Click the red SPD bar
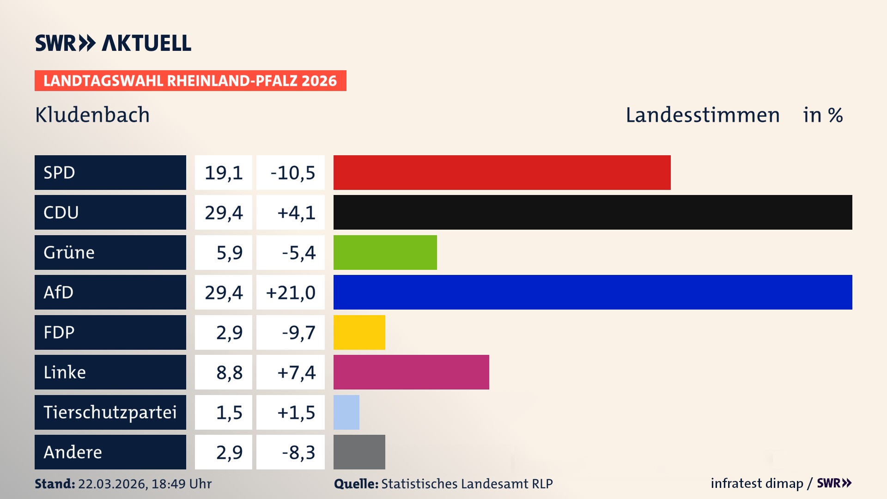pos(502,172)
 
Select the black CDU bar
pos(593,213)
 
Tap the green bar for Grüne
pos(385,252)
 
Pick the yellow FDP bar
pos(359,332)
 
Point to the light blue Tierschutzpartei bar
pos(346,412)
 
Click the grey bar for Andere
pos(359,452)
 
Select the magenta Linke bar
pos(411,372)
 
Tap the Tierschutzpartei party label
pos(110,412)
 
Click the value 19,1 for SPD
pos(224,173)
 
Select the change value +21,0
pos(291,292)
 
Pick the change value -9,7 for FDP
pos(298,333)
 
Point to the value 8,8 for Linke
pos(229,372)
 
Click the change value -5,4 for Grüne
pos(298,253)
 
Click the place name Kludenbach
pos(92,115)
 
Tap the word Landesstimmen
pos(702,115)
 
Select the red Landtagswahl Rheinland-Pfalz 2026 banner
pos(190,81)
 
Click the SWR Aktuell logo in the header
pos(113,43)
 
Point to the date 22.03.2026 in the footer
pos(112,484)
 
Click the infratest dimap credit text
pos(756,483)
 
